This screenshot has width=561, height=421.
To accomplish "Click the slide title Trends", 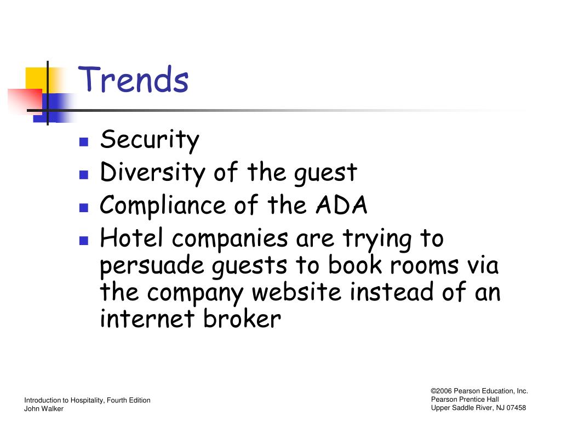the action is pos(133,79).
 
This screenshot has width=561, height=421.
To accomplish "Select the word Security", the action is pos(150,140).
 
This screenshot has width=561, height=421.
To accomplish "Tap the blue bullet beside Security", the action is pos(84,142).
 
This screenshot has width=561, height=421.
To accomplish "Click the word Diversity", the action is pos(152,173).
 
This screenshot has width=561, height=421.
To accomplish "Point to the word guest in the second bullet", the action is pos(325,174).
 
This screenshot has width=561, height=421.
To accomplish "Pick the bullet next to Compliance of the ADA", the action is pos(84,208).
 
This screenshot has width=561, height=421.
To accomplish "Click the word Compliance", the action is pos(163,206).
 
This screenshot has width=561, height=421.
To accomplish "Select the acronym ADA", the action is pos(342,205).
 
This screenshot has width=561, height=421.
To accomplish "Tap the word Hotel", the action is pos(131,237).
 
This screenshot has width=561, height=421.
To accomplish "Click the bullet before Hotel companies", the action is pos(84,240).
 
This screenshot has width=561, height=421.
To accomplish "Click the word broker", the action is pos(242,318).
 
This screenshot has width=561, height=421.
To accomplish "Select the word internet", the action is pos(147,319).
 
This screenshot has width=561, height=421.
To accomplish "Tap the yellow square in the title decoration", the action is pos(37,79).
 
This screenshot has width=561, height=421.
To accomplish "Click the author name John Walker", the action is pos(44,408).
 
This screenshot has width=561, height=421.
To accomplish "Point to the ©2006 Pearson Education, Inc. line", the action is pos(479,391).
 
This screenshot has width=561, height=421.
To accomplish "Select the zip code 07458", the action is pos(516,408).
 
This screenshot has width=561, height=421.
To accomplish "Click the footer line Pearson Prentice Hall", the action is pos(465,400).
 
